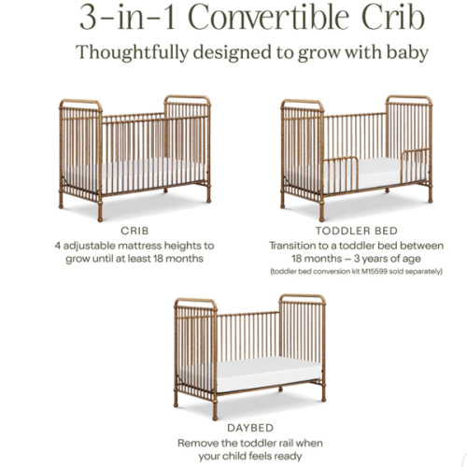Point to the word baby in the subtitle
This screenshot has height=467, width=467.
click(406, 52)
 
